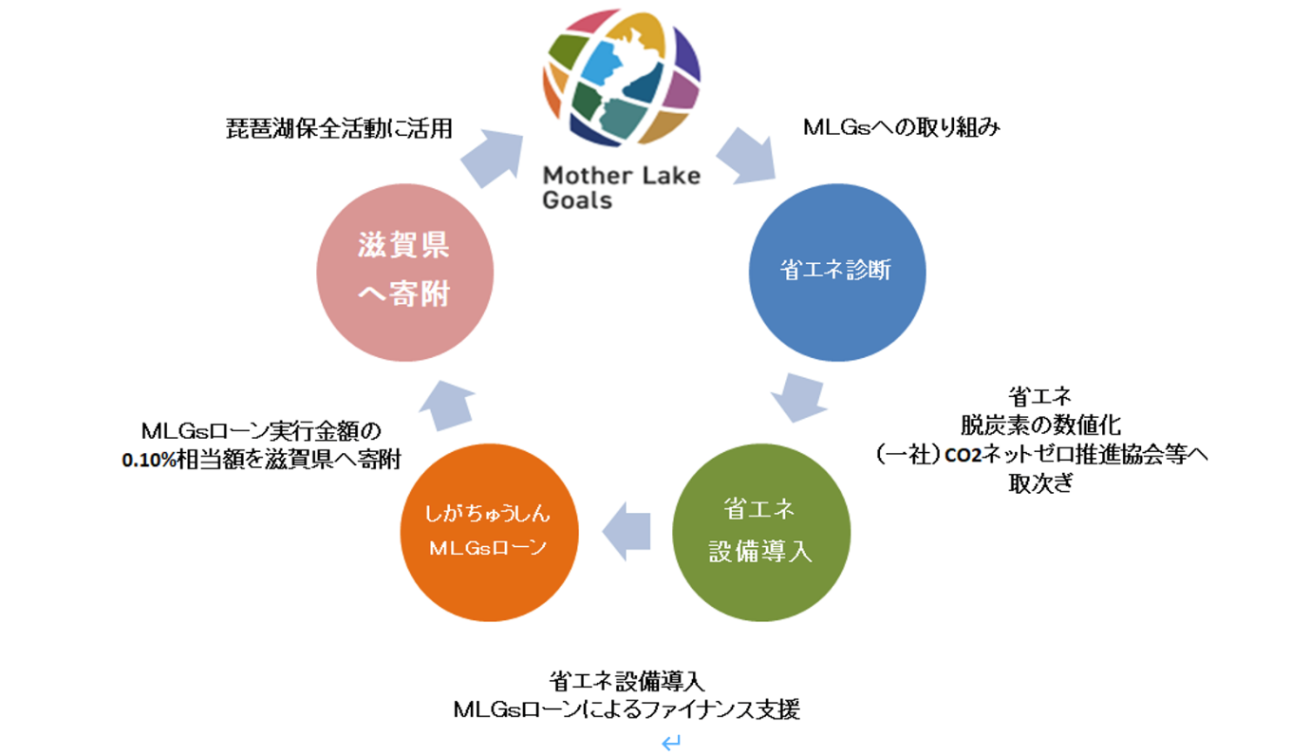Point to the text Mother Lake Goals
[x=621, y=187]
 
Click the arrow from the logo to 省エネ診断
[x=745, y=155]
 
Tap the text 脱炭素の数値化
[x=1040, y=425]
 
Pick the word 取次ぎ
[x=1040, y=483]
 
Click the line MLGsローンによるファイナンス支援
[x=627, y=709]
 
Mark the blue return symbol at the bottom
[x=671, y=743]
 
